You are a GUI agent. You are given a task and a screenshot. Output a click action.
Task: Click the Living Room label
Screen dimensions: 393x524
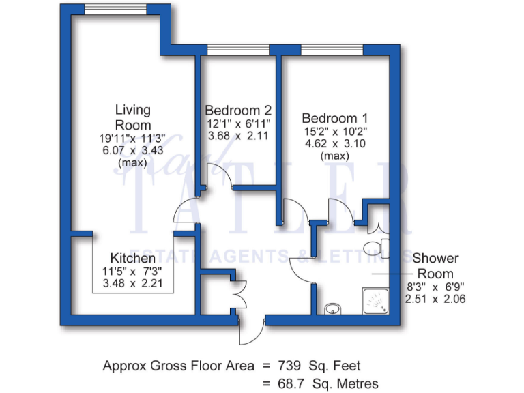coord(132,117)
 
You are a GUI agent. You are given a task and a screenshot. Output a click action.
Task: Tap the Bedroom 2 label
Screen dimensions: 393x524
coord(238,110)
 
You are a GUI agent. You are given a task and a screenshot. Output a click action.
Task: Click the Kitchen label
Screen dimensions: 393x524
coord(132,259)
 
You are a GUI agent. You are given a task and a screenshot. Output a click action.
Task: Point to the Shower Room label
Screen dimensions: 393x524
coord(435,265)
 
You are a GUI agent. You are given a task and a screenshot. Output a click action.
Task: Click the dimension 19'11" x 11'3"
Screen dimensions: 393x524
coord(132,139)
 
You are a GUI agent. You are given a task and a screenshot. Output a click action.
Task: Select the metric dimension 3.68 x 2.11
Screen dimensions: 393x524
coord(238,135)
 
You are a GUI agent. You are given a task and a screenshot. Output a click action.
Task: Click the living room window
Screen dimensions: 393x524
coord(114,9)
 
